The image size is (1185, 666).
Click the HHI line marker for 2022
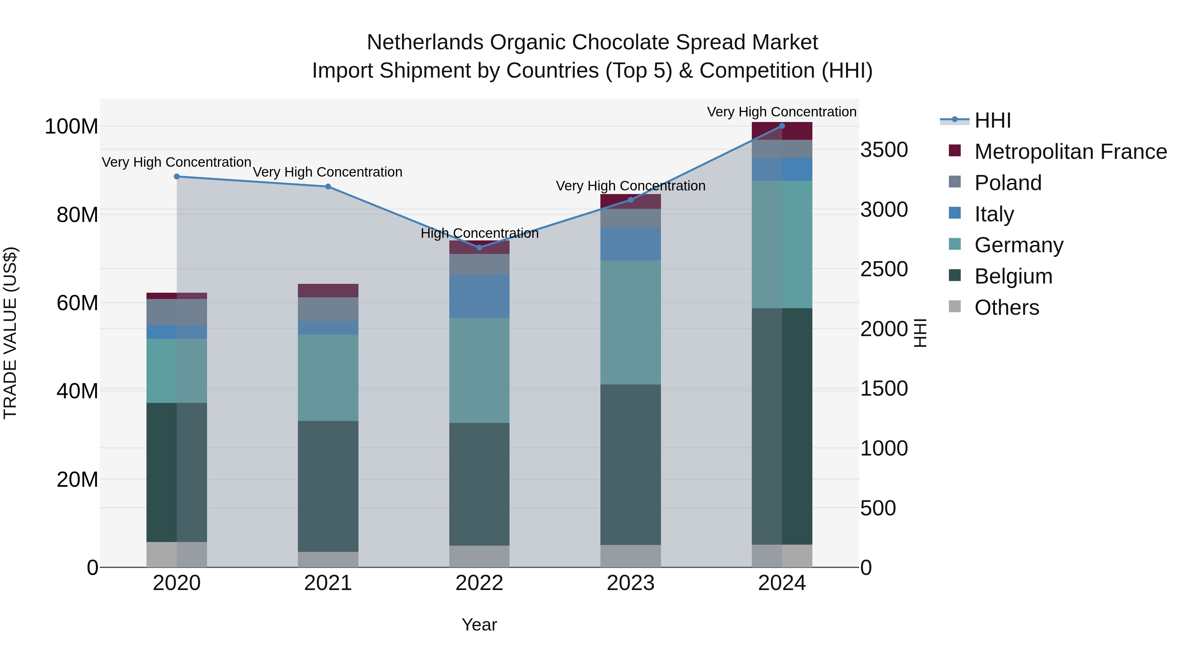pyautogui.click(x=479, y=247)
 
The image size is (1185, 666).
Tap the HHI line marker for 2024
pyautogui.click(x=782, y=126)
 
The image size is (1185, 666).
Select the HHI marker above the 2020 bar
pyautogui.click(x=177, y=177)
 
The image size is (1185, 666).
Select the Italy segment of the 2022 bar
pyautogui.click(x=479, y=296)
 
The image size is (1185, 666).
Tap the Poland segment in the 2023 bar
pyautogui.click(x=631, y=218)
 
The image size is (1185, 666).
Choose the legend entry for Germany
pyautogui.click(x=1018, y=245)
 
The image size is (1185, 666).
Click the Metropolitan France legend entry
pyautogui.click(x=1070, y=152)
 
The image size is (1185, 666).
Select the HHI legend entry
pyautogui.click(x=992, y=120)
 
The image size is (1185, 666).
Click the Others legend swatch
pyautogui.click(x=955, y=307)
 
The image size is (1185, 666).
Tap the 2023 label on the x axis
pyautogui.click(x=631, y=583)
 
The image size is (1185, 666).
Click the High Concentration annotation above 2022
pyautogui.click(x=479, y=234)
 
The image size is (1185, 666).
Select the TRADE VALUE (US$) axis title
pyautogui.click(x=10, y=333)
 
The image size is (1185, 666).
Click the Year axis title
pyautogui.click(x=479, y=625)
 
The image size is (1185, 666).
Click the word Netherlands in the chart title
pyautogui.click(x=425, y=42)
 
